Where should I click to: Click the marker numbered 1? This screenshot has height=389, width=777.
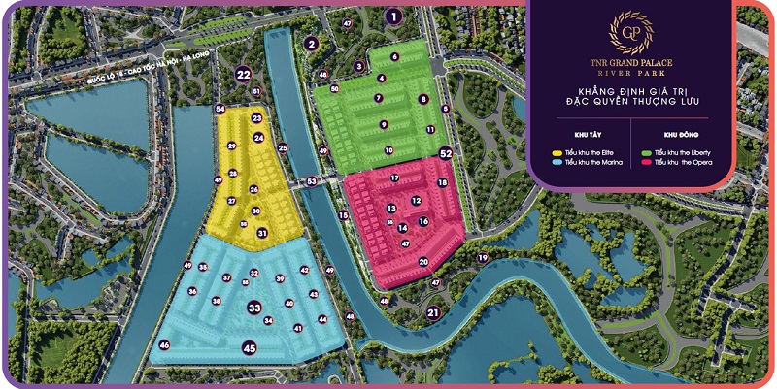pos(392,16)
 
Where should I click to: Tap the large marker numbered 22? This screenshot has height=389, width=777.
pos(244,73)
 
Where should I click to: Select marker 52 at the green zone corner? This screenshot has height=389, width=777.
pos(446,153)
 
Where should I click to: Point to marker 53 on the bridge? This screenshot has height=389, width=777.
pos(312,181)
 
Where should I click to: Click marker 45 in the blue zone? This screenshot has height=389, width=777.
pos(250,347)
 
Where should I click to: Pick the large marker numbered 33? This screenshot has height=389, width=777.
pos(254,308)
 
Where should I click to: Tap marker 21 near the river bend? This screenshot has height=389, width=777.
pos(433,312)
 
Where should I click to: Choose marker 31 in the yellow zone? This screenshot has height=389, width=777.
pos(262,233)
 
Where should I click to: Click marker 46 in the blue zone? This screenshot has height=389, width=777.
pos(165,345)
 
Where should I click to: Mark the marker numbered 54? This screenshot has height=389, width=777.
pos(220,109)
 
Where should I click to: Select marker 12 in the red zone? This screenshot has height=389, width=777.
pos(416,201)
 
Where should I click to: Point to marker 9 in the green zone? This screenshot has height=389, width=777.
pos(384,124)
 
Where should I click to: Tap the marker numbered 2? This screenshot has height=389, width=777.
pos(312,43)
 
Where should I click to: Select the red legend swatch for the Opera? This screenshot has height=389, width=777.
pos(648,162)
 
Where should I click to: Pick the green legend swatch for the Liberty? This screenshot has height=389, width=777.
pos(648,153)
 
